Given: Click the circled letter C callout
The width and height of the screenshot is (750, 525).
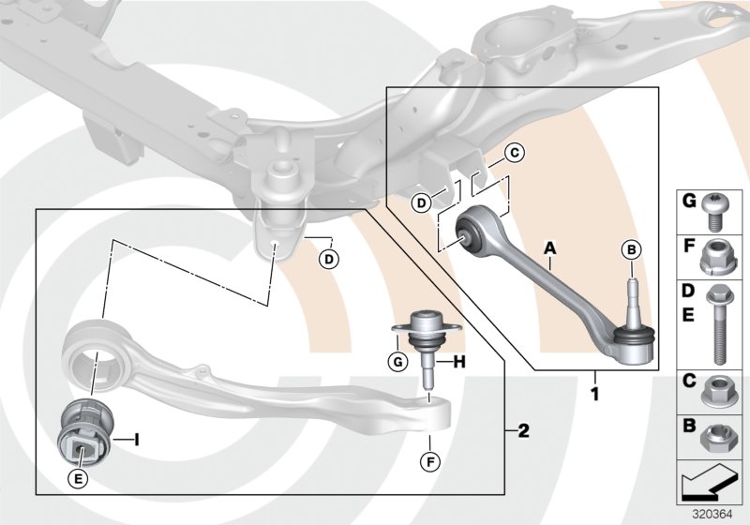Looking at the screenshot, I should pyautogui.click(x=512, y=153).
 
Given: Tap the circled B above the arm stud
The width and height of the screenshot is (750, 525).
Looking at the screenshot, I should pyautogui.click(x=631, y=249).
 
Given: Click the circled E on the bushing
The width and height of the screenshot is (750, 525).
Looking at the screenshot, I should pyautogui.click(x=80, y=478).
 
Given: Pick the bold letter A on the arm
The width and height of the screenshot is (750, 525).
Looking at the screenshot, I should pyautogui.click(x=550, y=247).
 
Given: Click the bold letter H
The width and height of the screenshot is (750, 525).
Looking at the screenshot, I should pyautogui.click(x=461, y=361).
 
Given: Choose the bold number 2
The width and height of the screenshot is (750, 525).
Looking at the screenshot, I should pyautogui.click(x=523, y=431).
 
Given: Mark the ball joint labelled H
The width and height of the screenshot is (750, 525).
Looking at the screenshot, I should pyautogui.click(x=420, y=347).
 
